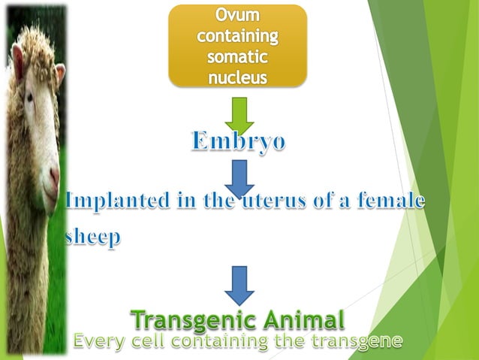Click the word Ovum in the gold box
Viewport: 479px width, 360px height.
237,16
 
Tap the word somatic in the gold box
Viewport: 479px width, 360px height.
237,56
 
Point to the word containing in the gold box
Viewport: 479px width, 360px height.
237,36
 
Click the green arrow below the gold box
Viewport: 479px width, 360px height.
239,113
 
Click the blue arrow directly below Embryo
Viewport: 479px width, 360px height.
239,176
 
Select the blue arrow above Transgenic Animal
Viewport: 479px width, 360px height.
239,285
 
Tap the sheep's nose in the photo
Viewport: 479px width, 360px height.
55,177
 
